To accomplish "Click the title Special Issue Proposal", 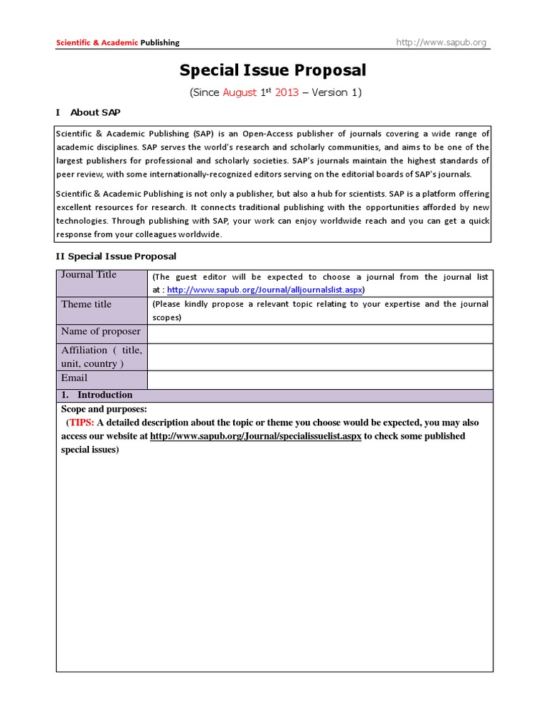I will click(272, 70).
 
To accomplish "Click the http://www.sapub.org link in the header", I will click(441, 43).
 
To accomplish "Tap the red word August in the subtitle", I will click(240, 92).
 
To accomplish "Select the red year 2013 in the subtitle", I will click(287, 92).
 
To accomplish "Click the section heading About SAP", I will click(100, 112).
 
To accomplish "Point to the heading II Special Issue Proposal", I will click(116, 256).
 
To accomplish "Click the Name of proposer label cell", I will click(102, 333).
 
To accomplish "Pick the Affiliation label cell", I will click(102, 356).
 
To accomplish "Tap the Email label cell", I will click(102, 379).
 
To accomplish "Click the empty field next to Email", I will click(320, 379).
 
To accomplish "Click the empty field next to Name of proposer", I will click(320, 333).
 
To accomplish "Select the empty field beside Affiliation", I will click(320, 356).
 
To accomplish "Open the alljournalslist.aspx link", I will click(264, 290).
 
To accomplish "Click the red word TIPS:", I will click(82, 422).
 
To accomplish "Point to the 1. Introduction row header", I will click(105, 395).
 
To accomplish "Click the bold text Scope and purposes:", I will click(104, 409).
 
